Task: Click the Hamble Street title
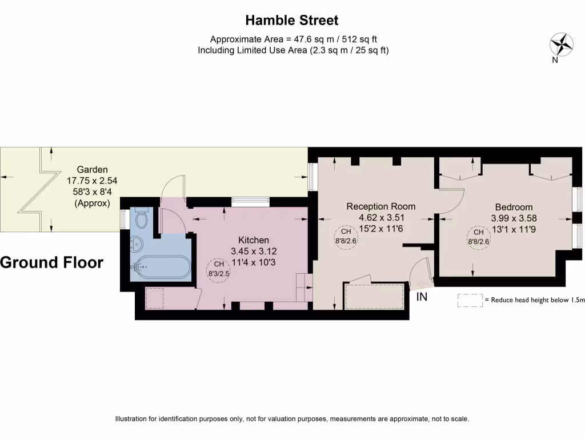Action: click(292, 21)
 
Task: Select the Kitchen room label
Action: click(254, 240)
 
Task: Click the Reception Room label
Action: click(381, 206)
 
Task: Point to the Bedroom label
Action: click(514, 207)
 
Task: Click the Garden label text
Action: click(92, 169)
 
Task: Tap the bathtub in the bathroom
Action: click(162, 266)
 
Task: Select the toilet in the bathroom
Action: click(141, 218)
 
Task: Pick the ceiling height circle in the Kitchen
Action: click(219, 269)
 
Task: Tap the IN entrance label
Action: click(422, 297)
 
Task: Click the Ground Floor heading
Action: click(52, 262)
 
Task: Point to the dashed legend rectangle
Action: click(470, 300)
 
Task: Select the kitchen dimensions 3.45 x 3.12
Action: click(254, 251)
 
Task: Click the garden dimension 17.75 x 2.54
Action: click(92, 181)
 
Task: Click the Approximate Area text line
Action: click(293, 39)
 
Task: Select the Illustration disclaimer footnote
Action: click(292, 419)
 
